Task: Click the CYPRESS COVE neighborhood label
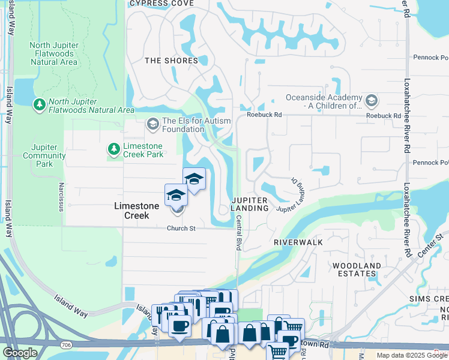tap(161, 3)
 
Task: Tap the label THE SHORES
tap(171, 61)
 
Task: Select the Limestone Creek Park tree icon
tap(113, 148)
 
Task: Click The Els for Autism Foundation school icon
tap(152, 124)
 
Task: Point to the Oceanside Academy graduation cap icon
tap(371, 100)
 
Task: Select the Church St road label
tap(181, 229)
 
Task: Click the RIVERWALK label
tap(298, 242)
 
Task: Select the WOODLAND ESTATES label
tap(357, 270)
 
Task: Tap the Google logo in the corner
tap(20, 353)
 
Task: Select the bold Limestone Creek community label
tap(137, 211)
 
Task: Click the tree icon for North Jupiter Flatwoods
tap(40, 105)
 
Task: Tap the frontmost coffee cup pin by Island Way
tap(179, 326)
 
